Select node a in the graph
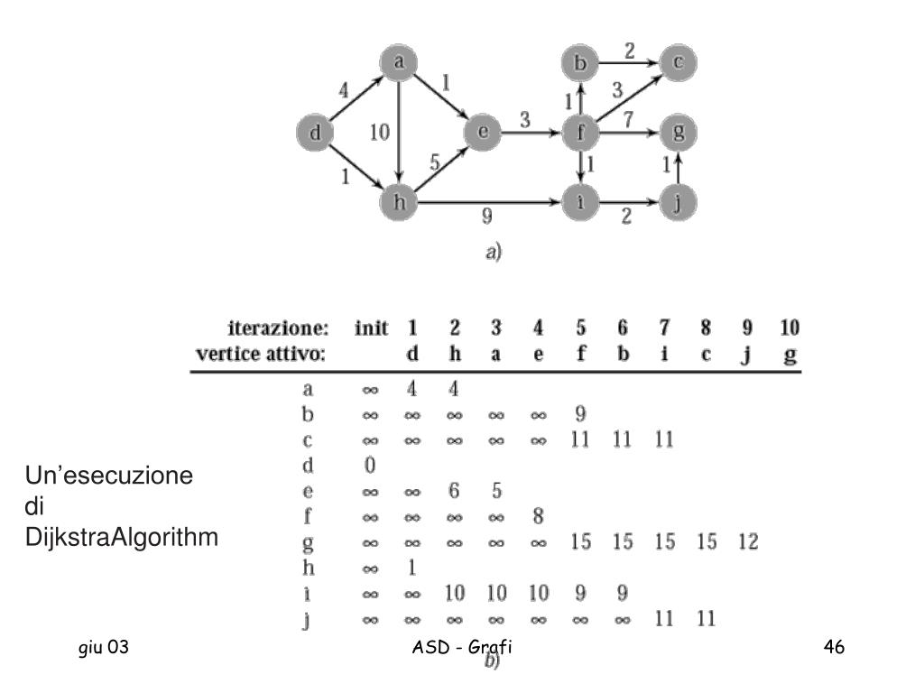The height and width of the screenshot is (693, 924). click(x=397, y=63)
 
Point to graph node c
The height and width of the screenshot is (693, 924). click(x=678, y=63)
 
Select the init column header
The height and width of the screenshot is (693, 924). click(x=371, y=328)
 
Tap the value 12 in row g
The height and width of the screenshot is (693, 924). click(x=747, y=542)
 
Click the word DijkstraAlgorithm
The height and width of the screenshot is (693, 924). click(x=122, y=539)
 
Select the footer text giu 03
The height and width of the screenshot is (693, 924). click(x=106, y=646)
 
